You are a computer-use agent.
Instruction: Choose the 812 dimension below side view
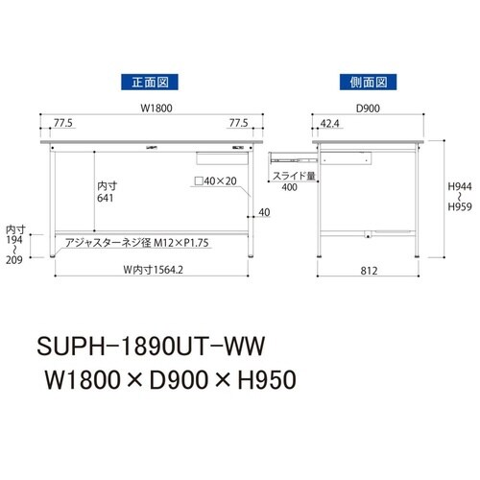[369, 271]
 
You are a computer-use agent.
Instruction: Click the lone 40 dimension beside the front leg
[264, 212]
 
